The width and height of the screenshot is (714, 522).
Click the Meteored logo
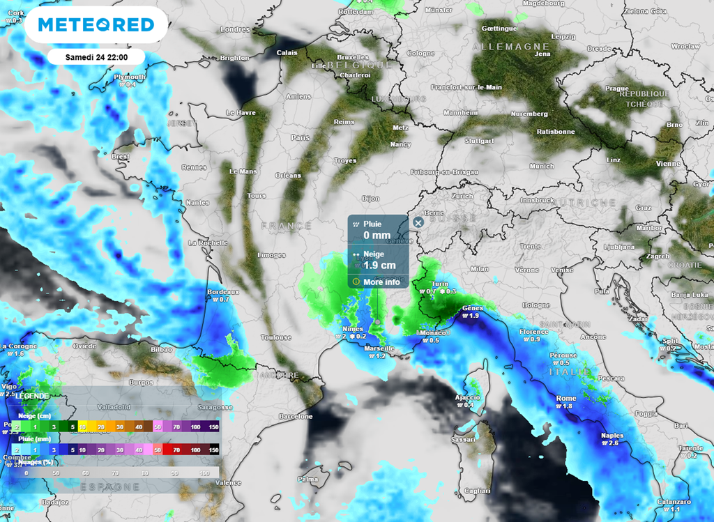(x=96, y=25)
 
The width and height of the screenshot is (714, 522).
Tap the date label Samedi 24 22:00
(x=96, y=56)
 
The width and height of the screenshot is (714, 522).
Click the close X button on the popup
(x=418, y=222)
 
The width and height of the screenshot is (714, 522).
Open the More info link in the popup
(x=381, y=282)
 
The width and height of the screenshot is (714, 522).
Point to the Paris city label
(x=301, y=138)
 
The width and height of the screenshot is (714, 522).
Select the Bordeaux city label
(x=224, y=292)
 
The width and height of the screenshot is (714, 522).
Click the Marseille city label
(x=379, y=348)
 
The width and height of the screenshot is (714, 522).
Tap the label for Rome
(x=565, y=398)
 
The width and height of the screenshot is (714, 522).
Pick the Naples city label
(x=612, y=436)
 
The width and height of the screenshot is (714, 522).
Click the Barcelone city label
(x=296, y=416)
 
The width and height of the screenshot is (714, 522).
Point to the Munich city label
(x=542, y=167)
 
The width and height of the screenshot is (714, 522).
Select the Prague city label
(x=617, y=89)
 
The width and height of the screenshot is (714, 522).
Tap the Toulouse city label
(x=276, y=337)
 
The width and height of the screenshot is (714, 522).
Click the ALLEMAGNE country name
(x=511, y=46)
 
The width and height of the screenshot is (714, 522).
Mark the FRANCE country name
(x=287, y=226)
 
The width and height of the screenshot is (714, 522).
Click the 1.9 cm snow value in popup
(x=379, y=266)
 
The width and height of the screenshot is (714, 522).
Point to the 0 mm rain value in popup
(x=377, y=236)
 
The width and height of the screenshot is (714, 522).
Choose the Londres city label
(x=234, y=29)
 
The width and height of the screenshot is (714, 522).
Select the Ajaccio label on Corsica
(x=467, y=397)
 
